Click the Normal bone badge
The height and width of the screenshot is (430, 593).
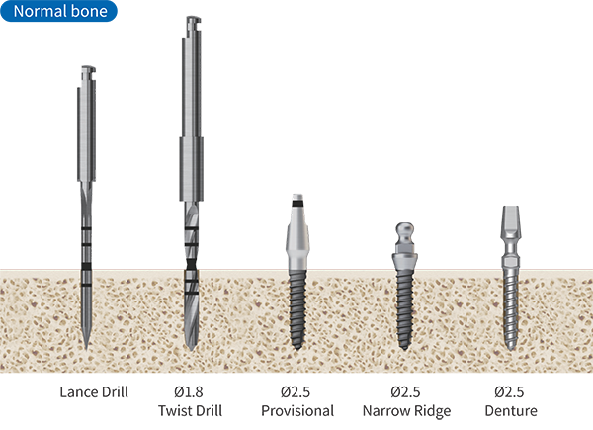click(58, 11)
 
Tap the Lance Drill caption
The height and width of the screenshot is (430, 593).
click(94, 391)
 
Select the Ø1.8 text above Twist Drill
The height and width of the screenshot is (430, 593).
click(189, 391)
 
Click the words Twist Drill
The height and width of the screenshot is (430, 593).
click(190, 410)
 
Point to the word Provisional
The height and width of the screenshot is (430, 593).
click(297, 410)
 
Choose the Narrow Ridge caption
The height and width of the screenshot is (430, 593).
click(406, 411)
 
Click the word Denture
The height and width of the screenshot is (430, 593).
click(511, 410)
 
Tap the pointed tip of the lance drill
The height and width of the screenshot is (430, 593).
click(87, 348)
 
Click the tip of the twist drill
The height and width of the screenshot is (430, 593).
click(192, 349)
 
